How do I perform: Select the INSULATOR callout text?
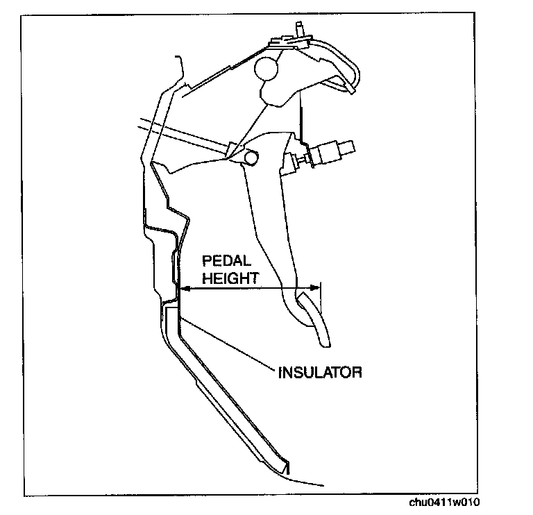(319, 372)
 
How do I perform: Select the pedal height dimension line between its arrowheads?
(250, 287)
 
